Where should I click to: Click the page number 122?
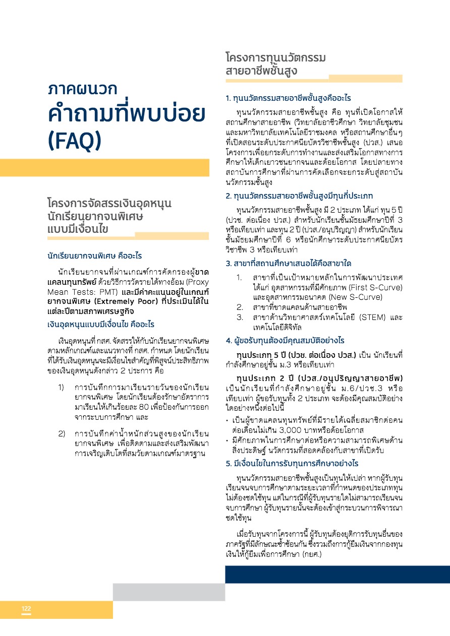coord(26,609)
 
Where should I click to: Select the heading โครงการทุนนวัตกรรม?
coord(275,57)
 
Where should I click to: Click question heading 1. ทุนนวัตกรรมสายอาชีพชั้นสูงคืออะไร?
coord(289,97)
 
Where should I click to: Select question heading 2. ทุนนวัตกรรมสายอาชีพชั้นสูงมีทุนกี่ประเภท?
coord(299,196)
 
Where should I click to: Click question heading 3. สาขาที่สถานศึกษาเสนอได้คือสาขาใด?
coord(289,264)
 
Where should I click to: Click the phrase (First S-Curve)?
coord(374,287)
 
